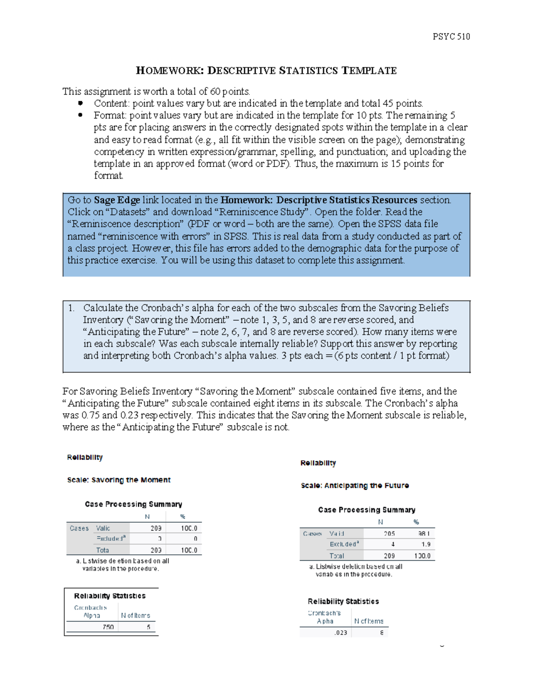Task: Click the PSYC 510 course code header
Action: [x=451, y=36]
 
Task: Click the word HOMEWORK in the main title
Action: [x=169, y=71]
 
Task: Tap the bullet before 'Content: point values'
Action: [x=80, y=104]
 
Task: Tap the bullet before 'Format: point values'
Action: [x=80, y=116]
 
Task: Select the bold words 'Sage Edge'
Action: [x=117, y=200]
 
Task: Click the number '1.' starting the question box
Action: [x=72, y=308]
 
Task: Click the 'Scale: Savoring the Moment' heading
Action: [x=119, y=480]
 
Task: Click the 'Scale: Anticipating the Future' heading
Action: [x=354, y=486]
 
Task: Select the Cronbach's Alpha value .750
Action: [x=108, y=627]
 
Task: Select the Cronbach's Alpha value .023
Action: [x=341, y=633]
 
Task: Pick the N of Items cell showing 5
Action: [x=148, y=627]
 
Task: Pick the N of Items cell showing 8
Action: [x=382, y=633]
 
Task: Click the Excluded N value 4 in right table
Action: [x=393, y=544]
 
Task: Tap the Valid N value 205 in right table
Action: [x=389, y=534]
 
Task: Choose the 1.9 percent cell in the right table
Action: [x=426, y=544]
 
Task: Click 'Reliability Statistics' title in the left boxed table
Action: [x=110, y=596]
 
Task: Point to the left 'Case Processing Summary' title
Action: [x=133, y=504]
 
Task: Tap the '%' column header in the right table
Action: [x=416, y=522]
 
